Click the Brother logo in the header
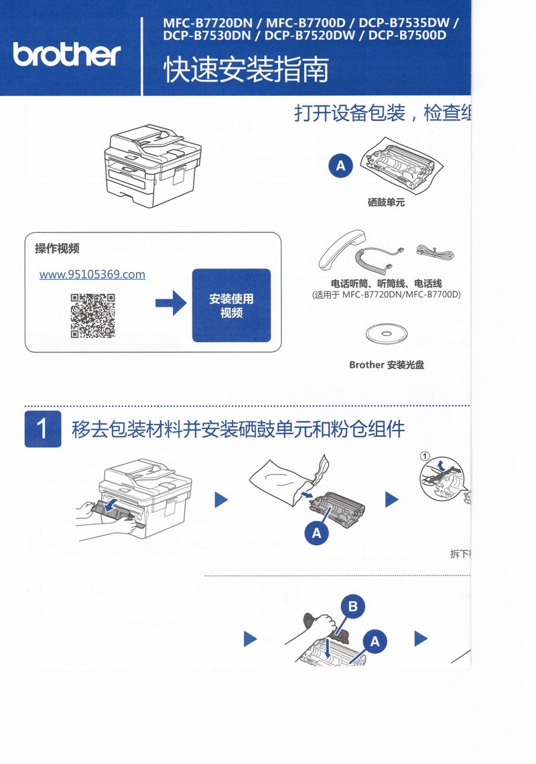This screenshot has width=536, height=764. tap(67, 54)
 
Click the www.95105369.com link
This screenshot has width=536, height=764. tap(92, 275)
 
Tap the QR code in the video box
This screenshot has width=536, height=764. tap(93, 316)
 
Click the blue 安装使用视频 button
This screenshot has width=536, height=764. tap(231, 305)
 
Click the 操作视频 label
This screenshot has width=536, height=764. tap(57, 249)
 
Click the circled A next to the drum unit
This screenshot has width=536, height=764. tap(340, 165)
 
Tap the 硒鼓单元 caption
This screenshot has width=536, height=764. tap(386, 202)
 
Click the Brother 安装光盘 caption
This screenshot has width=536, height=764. tap(387, 365)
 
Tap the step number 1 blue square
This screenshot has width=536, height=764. tap(43, 429)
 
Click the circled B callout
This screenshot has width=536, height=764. tap(353, 607)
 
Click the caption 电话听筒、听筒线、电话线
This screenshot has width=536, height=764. tap(387, 284)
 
